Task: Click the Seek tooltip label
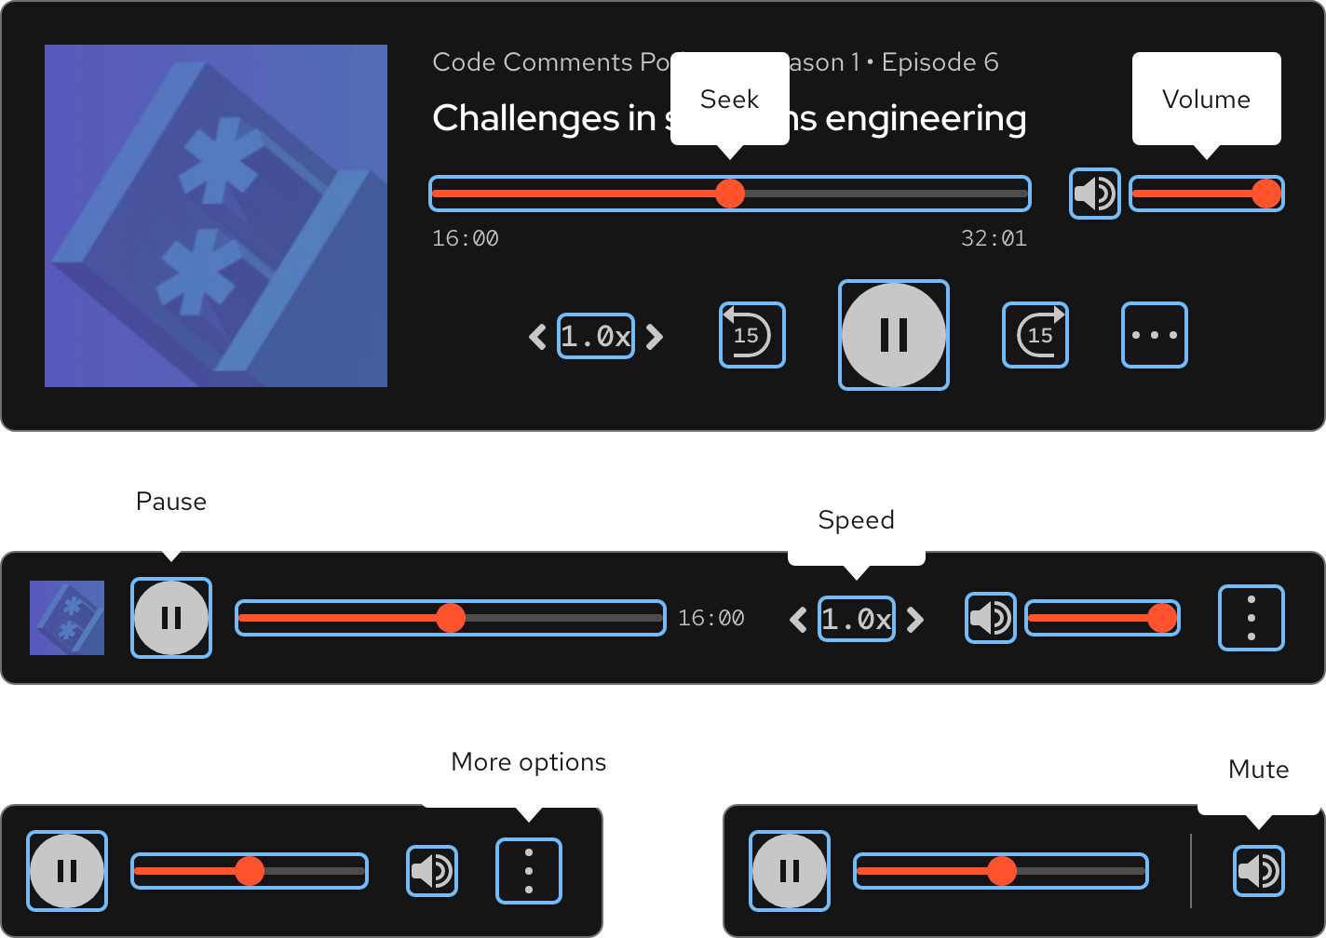(729, 100)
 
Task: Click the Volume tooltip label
(1206, 100)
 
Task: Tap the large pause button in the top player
(893, 335)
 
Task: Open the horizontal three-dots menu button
(1154, 335)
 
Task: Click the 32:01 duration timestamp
(994, 239)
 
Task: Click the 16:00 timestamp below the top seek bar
(466, 239)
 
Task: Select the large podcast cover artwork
(216, 216)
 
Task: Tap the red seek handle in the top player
(730, 194)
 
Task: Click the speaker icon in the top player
(1094, 194)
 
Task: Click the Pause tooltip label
(171, 502)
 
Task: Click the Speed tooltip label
(856, 520)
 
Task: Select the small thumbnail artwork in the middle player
(67, 618)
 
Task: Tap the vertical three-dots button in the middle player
(1251, 618)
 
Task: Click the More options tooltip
(528, 762)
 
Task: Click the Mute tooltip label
(1258, 770)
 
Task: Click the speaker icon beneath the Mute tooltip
(1258, 871)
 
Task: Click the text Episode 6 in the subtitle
(940, 62)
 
